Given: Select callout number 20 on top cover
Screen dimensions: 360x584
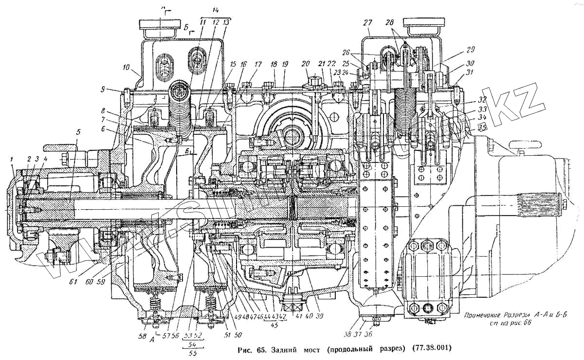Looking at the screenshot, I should click(306, 64).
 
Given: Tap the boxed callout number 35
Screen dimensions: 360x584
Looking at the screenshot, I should click(482, 127).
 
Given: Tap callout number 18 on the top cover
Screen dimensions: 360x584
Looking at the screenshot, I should click(274, 64).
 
